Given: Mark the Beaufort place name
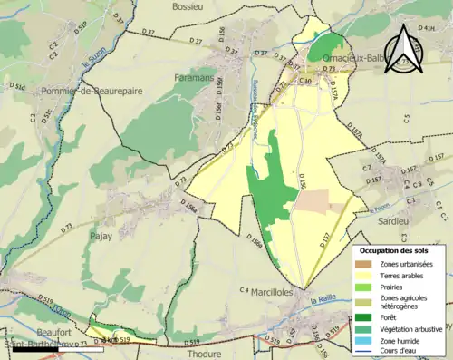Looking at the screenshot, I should [29, 334].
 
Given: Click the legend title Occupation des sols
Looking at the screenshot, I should [396, 249].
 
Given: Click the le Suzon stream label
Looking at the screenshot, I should [90, 63].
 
